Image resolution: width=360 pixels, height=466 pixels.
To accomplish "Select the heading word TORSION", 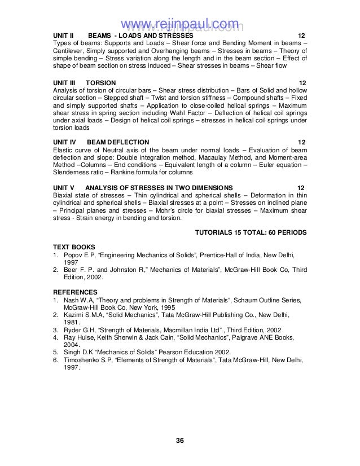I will [104, 83].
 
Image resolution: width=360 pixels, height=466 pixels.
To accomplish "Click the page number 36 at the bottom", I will [179, 439].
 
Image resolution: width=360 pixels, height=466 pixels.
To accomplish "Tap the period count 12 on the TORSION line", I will [302, 83].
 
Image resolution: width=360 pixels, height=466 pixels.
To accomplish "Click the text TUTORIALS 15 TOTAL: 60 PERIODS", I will [251, 232].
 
